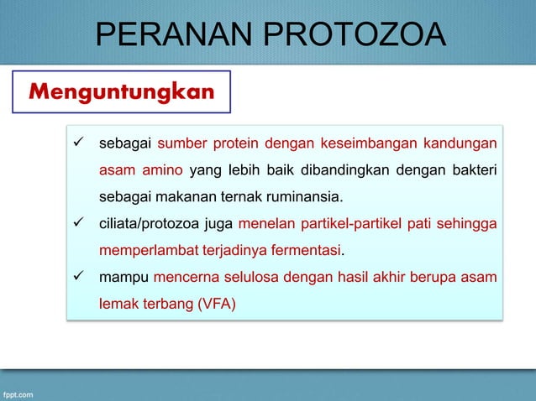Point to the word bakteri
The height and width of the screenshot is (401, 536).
tap(472, 170)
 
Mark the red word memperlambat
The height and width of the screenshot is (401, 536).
tap(142, 251)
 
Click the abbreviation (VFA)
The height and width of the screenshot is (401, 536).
tap(217, 304)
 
